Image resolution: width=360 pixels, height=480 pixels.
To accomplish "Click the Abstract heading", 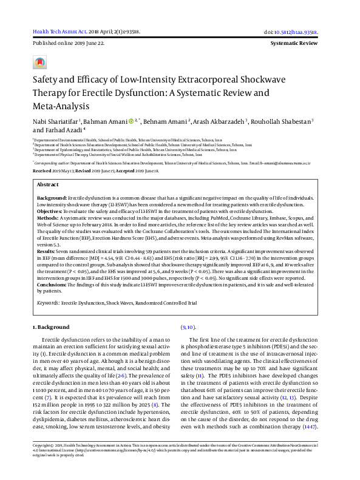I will pos(48,184).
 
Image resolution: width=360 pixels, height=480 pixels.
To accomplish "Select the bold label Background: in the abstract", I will pos(52,198).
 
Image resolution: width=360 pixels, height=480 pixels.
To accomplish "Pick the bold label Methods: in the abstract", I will pos(48,217).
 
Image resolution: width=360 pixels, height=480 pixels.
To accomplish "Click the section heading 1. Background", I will pos(50,327).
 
